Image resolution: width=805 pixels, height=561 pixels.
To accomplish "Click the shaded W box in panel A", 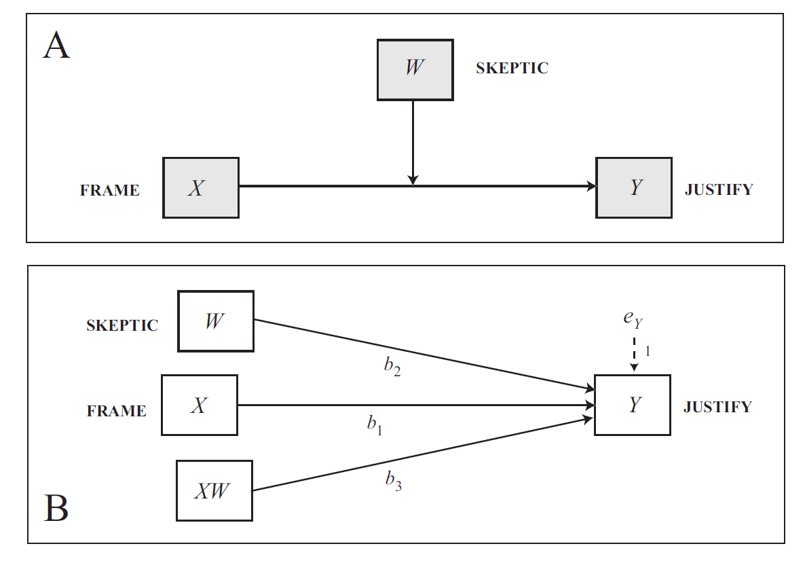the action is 415,70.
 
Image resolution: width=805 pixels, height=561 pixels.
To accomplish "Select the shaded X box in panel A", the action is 201,188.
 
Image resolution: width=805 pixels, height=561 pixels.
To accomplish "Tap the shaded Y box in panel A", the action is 634,188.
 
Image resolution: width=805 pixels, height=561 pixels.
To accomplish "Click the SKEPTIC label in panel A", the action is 512,68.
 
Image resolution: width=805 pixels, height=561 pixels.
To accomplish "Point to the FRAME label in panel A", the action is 110,190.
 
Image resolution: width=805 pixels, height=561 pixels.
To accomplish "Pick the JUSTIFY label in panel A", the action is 719,189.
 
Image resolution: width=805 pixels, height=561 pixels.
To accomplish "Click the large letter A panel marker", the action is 56,46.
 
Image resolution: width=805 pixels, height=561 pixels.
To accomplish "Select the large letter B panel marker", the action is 56,508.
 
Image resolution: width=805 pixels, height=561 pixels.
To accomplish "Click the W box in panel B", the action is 216,321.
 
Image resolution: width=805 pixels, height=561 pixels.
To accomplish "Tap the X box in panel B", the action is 200,405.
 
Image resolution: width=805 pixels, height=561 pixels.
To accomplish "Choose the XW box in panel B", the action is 214,490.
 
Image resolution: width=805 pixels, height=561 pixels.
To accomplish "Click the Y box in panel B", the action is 633,405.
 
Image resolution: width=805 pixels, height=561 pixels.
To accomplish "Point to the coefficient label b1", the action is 375,425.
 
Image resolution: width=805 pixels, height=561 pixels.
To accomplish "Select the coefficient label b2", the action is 392,366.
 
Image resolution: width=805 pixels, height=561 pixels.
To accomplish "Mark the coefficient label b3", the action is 394,481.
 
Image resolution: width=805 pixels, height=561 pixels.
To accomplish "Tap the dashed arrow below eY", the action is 635,354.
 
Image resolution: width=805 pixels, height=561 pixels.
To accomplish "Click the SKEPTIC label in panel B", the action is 122,325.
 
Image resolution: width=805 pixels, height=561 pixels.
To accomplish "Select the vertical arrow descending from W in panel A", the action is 413,143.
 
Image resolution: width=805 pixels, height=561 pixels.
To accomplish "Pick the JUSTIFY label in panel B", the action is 717,407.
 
